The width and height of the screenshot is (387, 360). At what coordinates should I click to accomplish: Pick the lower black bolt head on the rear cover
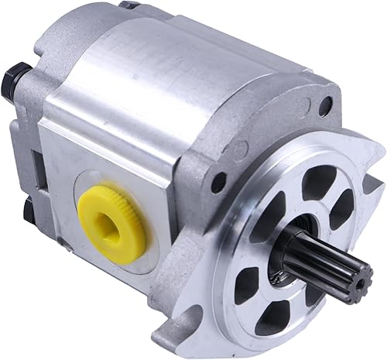[29, 207]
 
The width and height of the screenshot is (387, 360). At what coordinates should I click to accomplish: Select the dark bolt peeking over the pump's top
[128, 5]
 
